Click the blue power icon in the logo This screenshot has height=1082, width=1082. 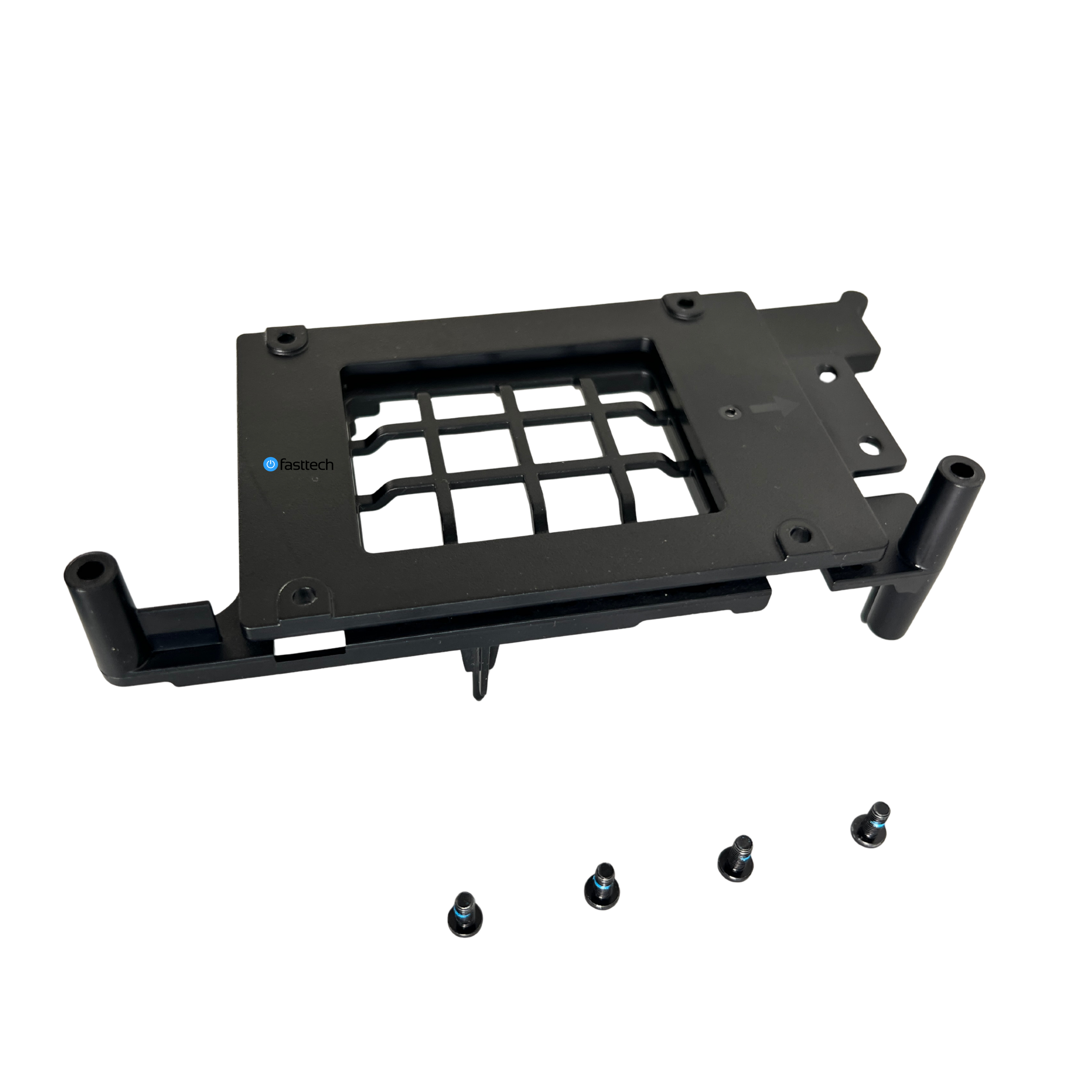coord(270,464)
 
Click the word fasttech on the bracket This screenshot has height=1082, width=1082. coord(307,465)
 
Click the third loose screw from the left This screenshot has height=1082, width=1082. coord(736,859)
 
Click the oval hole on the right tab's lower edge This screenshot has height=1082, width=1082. coord(868,448)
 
